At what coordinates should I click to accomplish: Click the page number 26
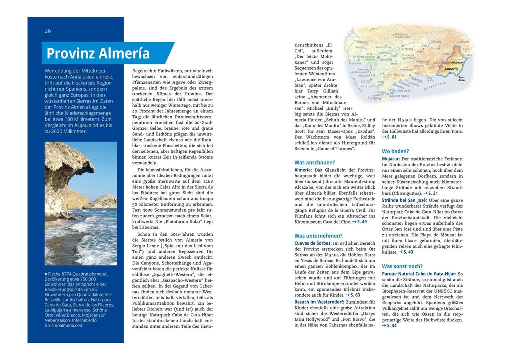click(48, 31)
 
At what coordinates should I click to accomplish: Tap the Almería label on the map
click(451, 69)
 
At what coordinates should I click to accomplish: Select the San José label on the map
click(461, 79)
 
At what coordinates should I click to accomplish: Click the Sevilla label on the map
click(386, 59)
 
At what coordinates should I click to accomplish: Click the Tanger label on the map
click(373, 98)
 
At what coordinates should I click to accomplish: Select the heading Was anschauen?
click(314, 162)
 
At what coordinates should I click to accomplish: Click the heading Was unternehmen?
click(318, 235)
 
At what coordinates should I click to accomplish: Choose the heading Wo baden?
click(395, 151)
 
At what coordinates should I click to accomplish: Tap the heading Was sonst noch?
click(402, 266)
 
